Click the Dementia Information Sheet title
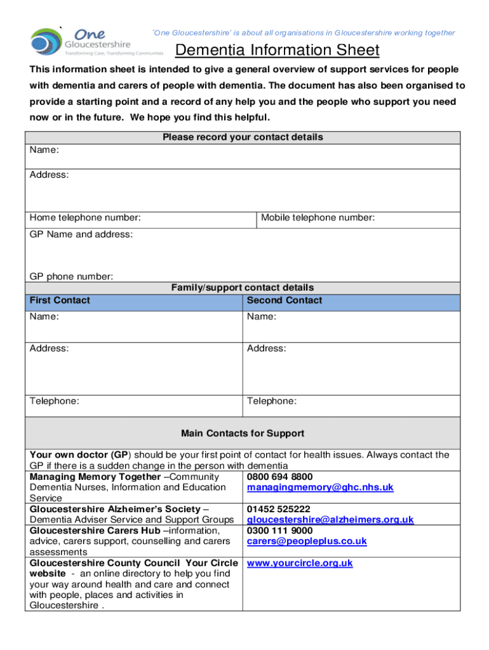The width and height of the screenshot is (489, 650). (277, 50)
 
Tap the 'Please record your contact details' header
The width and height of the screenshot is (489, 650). (243, 137)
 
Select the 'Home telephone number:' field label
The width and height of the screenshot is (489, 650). (85, 218)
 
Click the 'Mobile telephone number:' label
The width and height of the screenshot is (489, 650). (318, 218)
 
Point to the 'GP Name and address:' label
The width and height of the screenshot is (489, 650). (81, 234)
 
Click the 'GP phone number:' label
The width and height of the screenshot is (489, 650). (72, 276)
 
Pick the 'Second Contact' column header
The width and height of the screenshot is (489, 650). (285, 300)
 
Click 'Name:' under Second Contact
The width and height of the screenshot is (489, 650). (262, 317)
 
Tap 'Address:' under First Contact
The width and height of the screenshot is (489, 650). (50, 348)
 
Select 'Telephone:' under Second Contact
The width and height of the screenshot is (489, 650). (272, 401)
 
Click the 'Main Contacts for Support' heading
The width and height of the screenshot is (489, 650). (243, 434)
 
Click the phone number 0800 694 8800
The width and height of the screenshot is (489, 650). (279, 476)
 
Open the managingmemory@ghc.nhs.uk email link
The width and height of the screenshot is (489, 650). (320, 487)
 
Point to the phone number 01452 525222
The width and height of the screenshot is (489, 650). (278, 508)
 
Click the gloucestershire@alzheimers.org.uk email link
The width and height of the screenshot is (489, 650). (330, 519)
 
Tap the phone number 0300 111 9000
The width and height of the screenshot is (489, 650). (279, 530)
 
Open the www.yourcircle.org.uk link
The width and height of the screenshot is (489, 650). (300, 562)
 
